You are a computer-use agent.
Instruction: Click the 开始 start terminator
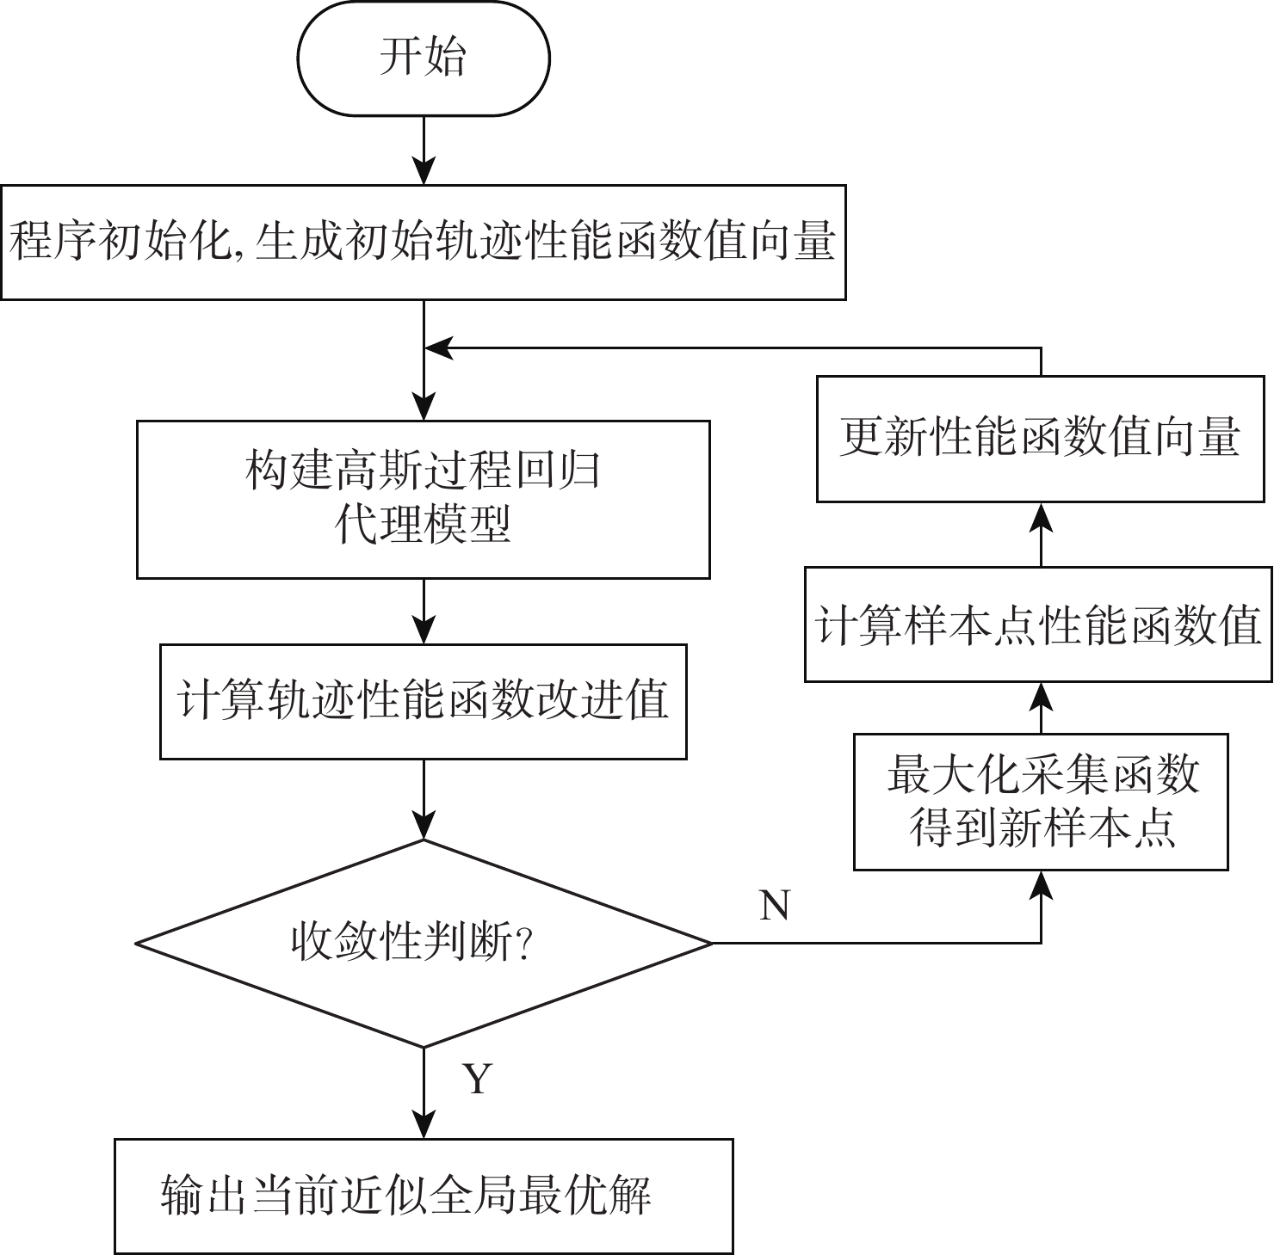pyautogui.click(x=423, y=58)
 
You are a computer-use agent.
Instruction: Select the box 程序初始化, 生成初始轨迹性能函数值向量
pyautogui.click(x=423, y=242)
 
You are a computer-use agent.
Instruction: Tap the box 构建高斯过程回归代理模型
pyautogui.click(x=423, y=499)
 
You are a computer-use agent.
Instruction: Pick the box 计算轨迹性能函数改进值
pyautogui.click(x=423, y=701)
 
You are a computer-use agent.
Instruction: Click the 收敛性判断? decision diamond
pyautogui.click(x=423, y=944)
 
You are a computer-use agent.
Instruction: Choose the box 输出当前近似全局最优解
pyautogui.click(x=423, y=1196)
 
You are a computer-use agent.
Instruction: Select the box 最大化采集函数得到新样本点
pyautogui.click(x=1041, y=802)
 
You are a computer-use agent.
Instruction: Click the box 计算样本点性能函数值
pyautogui.click(x=1038, y=624)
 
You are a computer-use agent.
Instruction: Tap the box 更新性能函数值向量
pyautogui.click(x=1040, y=439)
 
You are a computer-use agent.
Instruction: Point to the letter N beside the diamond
pyautogui.click(x=775, y=906)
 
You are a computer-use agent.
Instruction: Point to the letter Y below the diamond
pyautogui.click(x=478, y=1078)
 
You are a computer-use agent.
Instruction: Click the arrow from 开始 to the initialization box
pyautogui.click(x=424, y=151)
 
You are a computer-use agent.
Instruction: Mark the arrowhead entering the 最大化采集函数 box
pyautogui.click(x=1042, y=884)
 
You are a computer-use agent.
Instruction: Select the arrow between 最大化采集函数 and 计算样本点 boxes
pyautogui.click(x=1042, y=708)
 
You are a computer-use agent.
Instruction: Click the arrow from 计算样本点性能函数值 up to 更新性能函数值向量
pyautogui.click(x=1042, y=534)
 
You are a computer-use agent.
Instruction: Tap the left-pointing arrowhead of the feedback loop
pyautogui.click(x=439, y=348)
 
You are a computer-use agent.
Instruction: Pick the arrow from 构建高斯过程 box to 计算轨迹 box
pyautogui.click(x=424, y=611)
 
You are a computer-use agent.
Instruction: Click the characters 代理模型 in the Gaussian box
pyautogui.click(x=423, y=525)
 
